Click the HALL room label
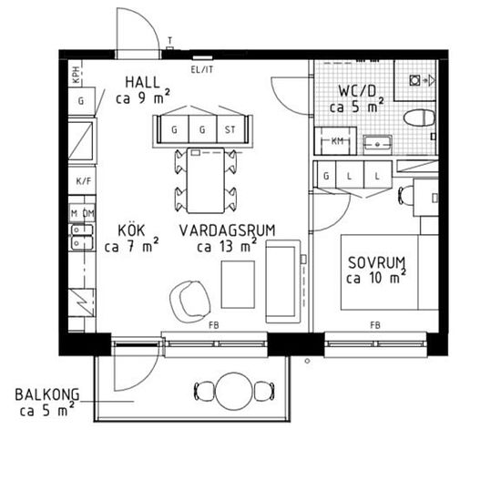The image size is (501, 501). tap(142, 82)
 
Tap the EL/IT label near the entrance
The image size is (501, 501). tap(201, 69)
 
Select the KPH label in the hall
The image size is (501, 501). tap(76, 75)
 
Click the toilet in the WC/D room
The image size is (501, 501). tap(420, 118)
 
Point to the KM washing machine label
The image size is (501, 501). tap(337, 140)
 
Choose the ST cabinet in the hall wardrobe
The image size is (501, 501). tap(230, 129)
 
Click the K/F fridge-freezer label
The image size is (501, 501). tap(84, 181)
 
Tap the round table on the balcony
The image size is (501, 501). tap(234, 391)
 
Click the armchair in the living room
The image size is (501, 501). tap(190, 301)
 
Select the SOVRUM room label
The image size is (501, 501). tap(376, 262)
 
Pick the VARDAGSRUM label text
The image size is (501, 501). tap(227, 230)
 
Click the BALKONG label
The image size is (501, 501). tap(47, 394)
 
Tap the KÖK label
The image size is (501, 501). tap(131, 230)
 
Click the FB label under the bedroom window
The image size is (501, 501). tap(375, 325)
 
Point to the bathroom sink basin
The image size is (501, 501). tap(377, 144)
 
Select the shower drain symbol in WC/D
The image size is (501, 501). tap(415, 80)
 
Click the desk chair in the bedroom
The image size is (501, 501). tap(405, 195)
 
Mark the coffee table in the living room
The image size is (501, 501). tap(238, 285)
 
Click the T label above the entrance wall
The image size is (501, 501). tap(170, 40)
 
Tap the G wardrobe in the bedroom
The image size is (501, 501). tap(326, 175)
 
